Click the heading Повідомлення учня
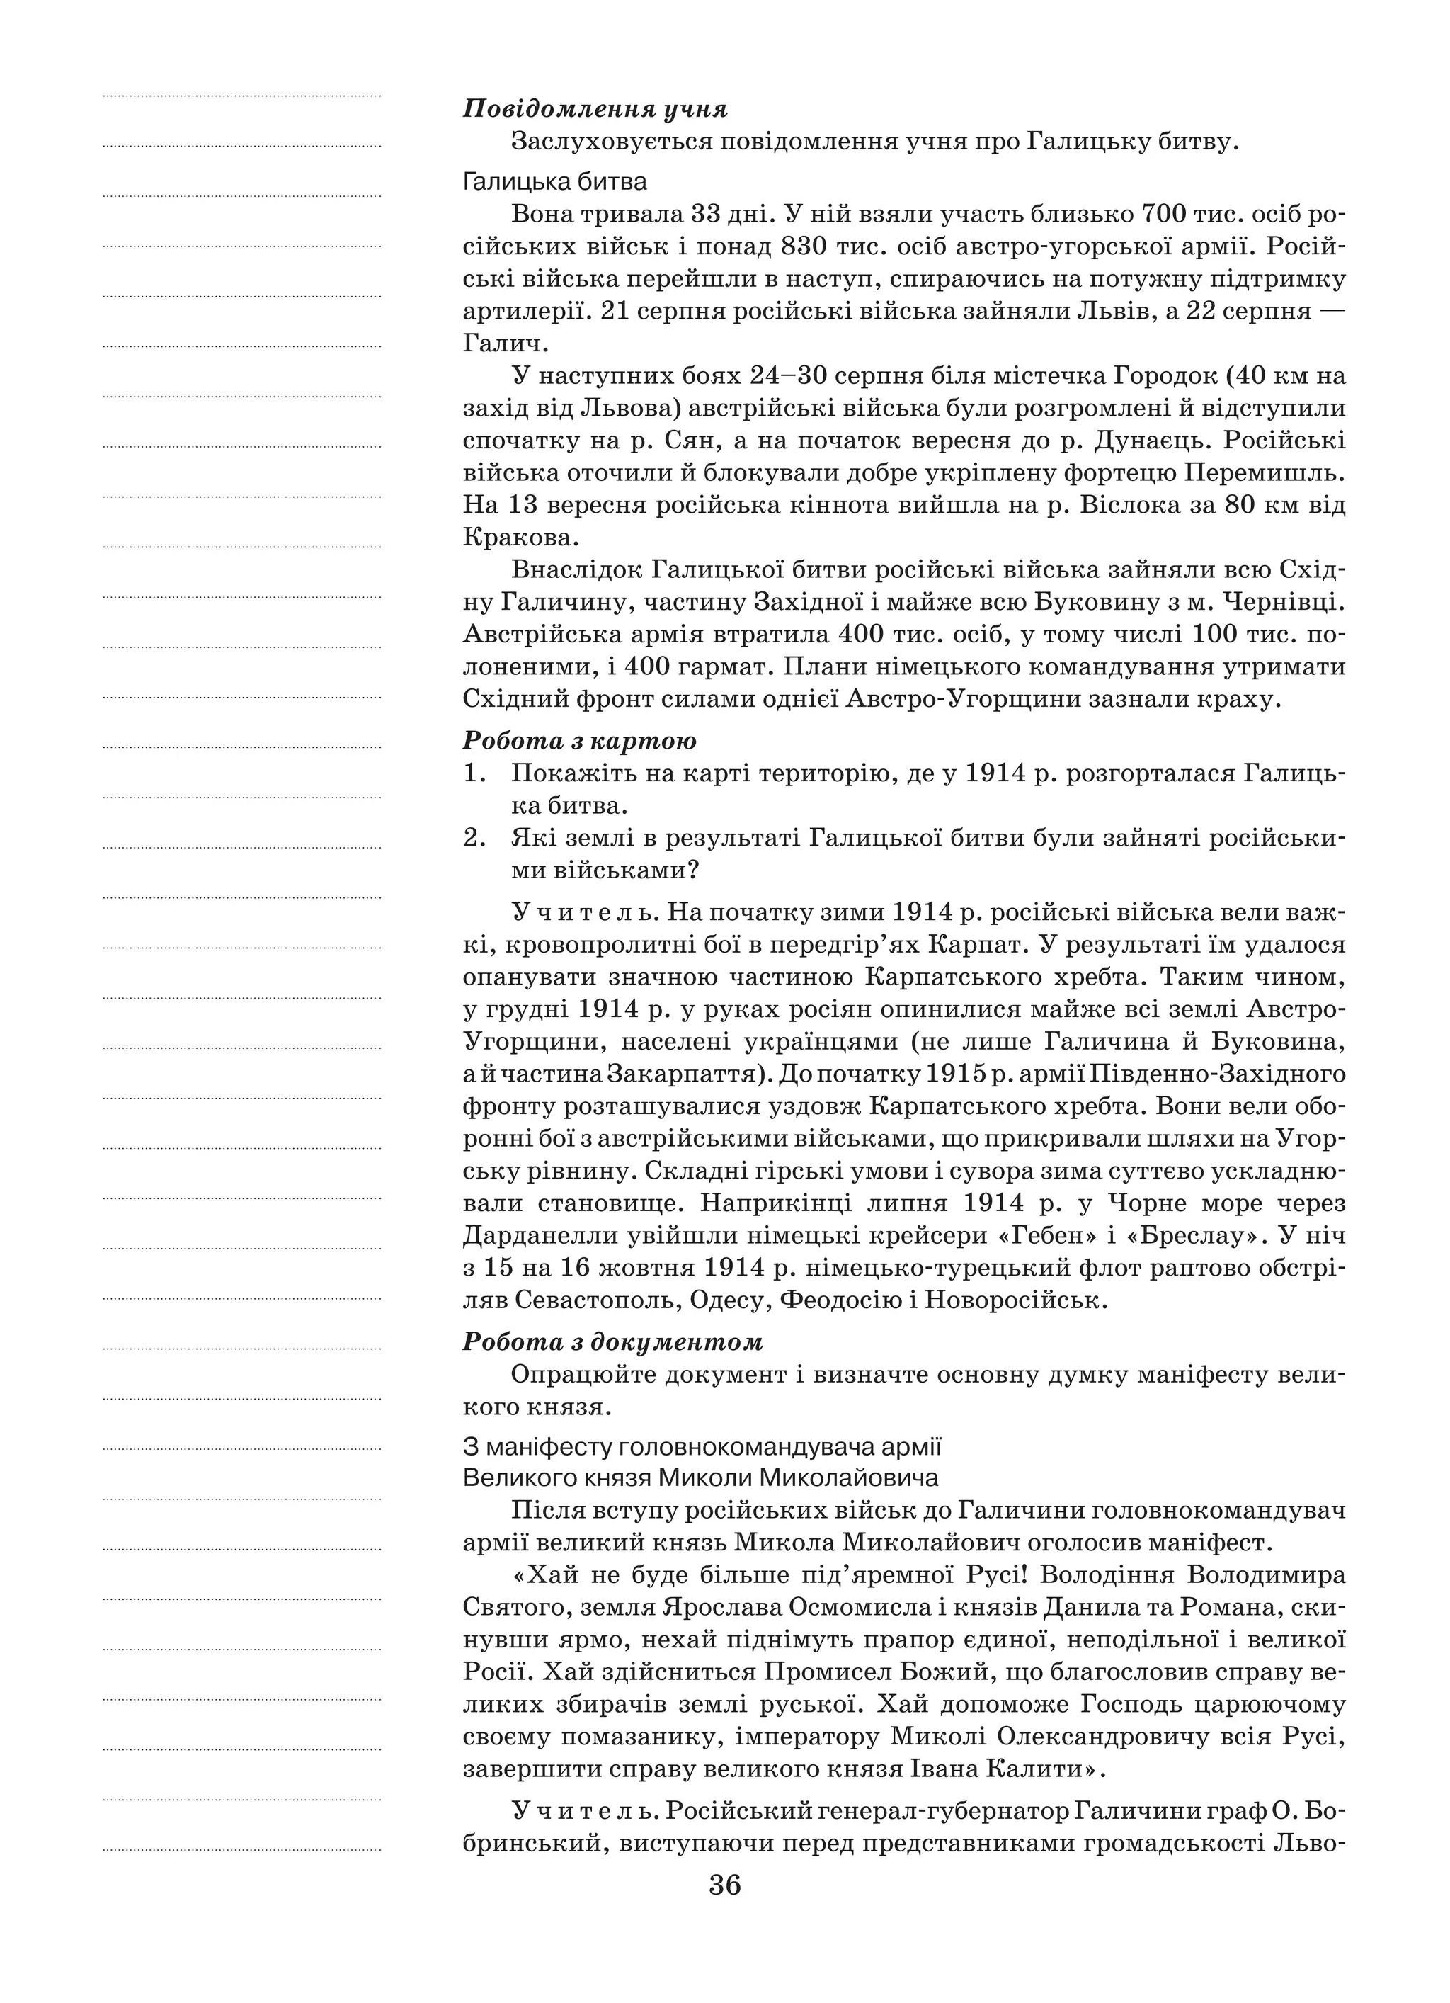pos(595,110)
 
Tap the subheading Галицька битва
pos(554,182)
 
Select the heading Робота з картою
pos(579,740)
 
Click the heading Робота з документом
pos(613,1341)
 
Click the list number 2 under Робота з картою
pos(474,837)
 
